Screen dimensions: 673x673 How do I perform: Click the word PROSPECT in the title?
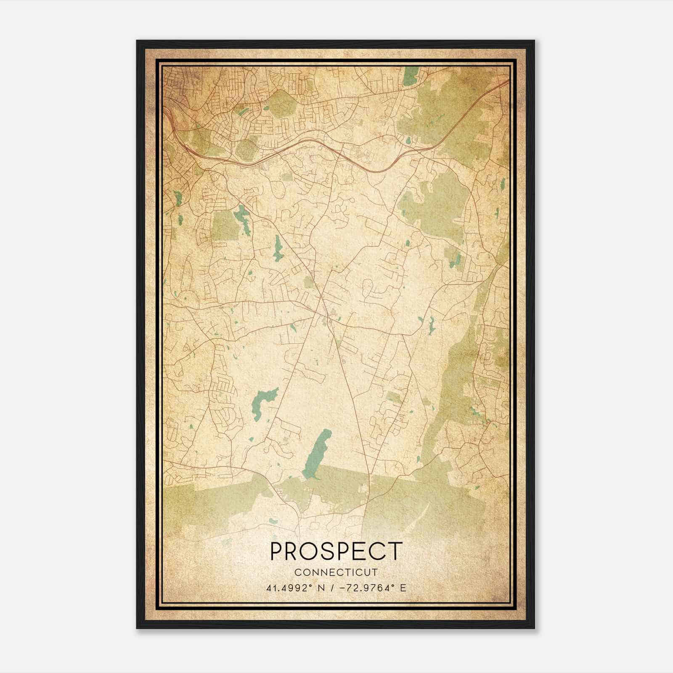pos(336,551)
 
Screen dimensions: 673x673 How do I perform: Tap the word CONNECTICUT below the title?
pos(336,572)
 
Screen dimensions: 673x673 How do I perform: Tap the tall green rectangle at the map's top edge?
pos(410,76)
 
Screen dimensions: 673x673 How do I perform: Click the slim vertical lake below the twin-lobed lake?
pos(278,248)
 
